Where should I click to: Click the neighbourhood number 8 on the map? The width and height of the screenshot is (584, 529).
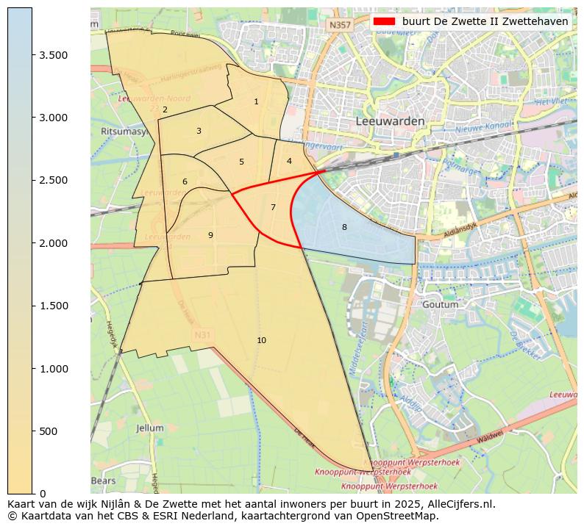[344, 227]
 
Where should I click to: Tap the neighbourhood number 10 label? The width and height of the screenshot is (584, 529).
[261, 340]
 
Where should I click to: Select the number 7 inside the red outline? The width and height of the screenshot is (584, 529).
[273, 207]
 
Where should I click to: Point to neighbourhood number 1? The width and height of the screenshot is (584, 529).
[256, 101]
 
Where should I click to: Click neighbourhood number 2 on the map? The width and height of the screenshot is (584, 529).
[165, 109]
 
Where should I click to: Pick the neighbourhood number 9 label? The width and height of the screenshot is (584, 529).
[210, 235]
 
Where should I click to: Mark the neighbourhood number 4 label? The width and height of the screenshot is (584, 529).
[289, 161]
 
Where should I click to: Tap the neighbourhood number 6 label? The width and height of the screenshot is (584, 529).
[185, 181]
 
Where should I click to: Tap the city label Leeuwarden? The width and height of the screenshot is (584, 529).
[390, 120]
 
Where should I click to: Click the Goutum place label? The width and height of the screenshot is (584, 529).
[441, 304]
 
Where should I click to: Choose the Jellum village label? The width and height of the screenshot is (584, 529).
[150, 428]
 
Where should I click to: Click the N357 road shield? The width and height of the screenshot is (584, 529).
[340, 24]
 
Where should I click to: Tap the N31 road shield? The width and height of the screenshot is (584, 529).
[202, 335]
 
